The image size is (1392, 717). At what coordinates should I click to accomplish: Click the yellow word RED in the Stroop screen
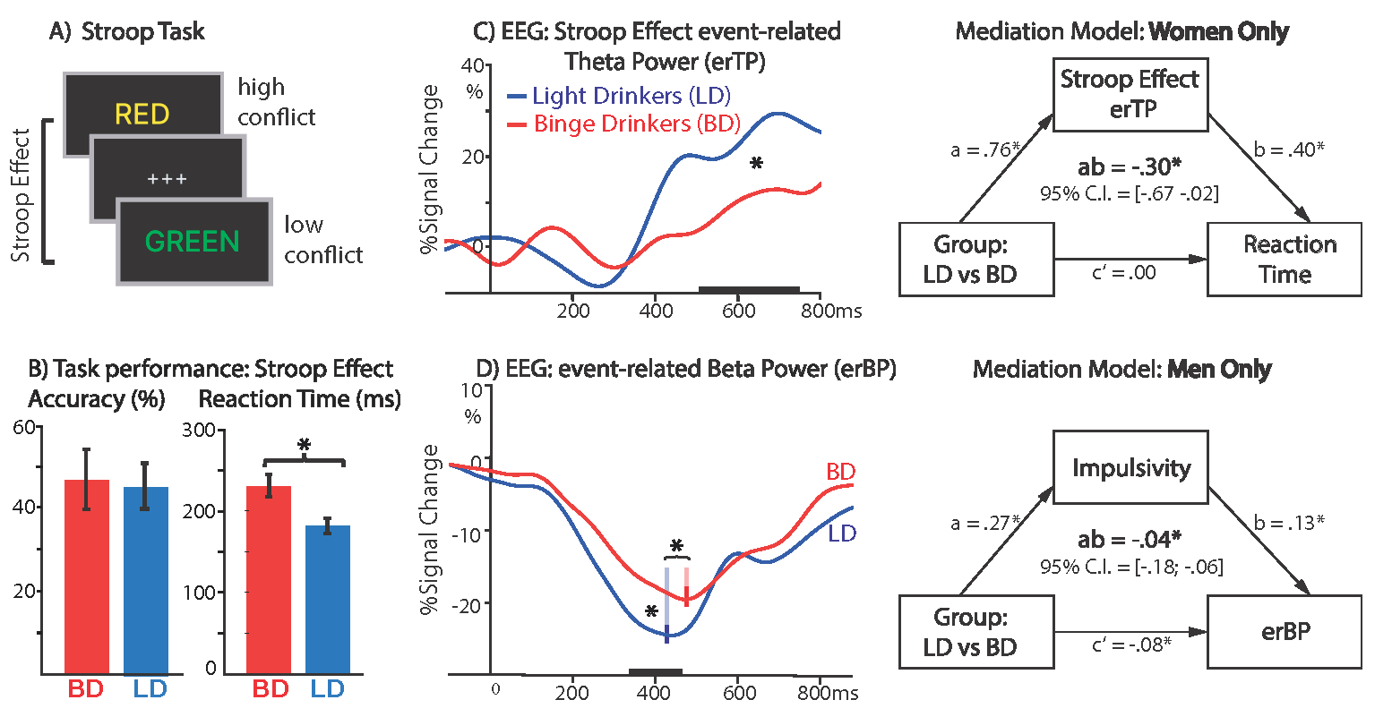142,115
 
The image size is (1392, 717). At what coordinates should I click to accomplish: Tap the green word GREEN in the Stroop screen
193,242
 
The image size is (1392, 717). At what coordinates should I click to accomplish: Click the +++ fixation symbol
168,179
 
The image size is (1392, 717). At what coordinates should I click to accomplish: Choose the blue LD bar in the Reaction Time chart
328,599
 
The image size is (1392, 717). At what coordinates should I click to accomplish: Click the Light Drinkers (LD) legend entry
631,95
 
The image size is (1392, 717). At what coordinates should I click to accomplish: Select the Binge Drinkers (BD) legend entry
636,124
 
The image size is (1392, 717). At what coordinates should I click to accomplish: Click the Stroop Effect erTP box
1130,93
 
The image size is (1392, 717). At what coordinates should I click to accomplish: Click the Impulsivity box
1130,468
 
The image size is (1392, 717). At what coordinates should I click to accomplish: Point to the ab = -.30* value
1129,168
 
